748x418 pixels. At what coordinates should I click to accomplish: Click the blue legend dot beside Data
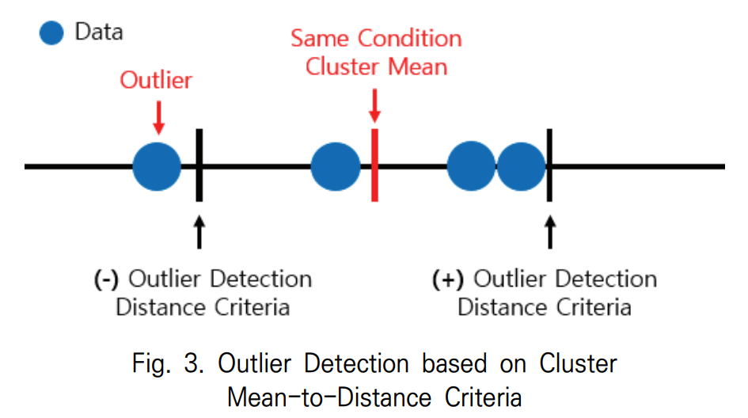tap(51, 33)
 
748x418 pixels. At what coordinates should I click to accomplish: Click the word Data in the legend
tap(99, 32)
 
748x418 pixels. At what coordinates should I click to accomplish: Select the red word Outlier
tap(157, 80)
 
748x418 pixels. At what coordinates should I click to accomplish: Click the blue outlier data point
tap(157, 166)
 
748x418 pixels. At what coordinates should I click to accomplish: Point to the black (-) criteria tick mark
tap(199, 166)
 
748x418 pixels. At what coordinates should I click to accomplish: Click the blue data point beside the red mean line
tap(336, 166)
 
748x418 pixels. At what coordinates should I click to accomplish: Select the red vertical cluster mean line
tap(374, 166)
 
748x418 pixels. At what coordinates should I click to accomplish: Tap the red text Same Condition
tap(376, 39)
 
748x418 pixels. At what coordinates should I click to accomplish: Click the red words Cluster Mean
tap(376, 66)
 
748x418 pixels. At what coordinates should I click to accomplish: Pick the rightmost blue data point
tap(521, 166)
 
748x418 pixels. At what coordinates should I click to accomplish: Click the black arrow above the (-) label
tap(199, 231)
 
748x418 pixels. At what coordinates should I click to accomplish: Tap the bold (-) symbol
tap(105, 279)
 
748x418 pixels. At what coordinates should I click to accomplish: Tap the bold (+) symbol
tap(448, 279)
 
